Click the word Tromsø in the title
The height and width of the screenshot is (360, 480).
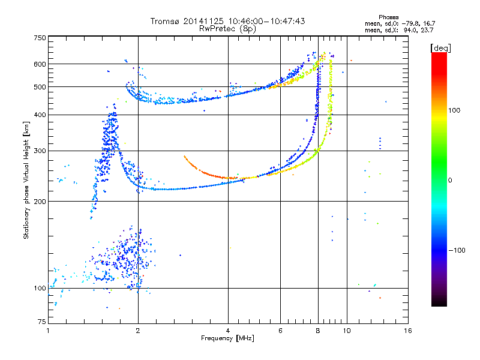pos(166,21)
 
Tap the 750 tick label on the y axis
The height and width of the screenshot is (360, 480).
pos(40,38)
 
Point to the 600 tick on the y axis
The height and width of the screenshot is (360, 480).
pos(40,64)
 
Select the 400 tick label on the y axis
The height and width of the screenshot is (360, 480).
pos(40,115)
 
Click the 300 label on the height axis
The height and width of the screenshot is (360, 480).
pos(40,151)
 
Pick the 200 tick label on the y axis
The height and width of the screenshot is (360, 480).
pos(40,202)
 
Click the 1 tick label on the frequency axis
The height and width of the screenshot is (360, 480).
pos(48,331)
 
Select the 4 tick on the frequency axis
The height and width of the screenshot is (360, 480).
pos(228,331)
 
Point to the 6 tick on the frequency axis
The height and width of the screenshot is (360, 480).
pos(280,331)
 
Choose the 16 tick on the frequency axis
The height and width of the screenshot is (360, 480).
pos(407,331)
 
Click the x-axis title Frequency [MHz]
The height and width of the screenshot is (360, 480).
pos(227,338)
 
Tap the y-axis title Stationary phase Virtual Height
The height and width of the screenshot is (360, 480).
pos(26,180)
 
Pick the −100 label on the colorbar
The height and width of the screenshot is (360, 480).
pos(457,250)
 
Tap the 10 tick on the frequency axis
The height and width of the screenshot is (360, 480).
pos(346,331)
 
